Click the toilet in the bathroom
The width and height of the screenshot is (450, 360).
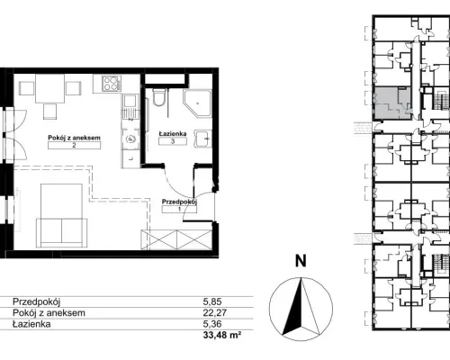pos(158,97)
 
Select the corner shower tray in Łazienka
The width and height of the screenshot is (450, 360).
pos(197,103)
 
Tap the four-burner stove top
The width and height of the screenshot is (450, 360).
pos(112,84)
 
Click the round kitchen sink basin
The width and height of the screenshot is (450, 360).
pos(130,139)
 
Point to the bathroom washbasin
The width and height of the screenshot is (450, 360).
pos(203,139)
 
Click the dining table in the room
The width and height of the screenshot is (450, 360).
pos(50,88)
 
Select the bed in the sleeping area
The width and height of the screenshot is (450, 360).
pos(62,215)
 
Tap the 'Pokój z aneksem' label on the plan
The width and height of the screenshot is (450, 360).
pos(74,138)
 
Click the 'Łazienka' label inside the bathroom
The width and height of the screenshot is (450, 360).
pos(173,133)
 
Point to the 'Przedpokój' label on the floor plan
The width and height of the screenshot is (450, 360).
pos(179,202)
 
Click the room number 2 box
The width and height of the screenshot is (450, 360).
pos(74,145)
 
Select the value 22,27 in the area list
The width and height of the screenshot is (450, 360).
pos(215,313)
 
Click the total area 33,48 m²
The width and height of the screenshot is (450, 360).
pos(222,335)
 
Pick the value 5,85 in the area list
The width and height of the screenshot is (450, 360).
pos(212,301)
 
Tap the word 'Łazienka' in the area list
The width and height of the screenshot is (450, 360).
pos(31,324)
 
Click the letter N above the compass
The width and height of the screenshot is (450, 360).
pos(301,261)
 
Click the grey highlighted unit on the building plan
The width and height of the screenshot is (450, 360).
pos(391,103)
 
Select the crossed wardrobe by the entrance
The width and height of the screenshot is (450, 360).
pos(176,239)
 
